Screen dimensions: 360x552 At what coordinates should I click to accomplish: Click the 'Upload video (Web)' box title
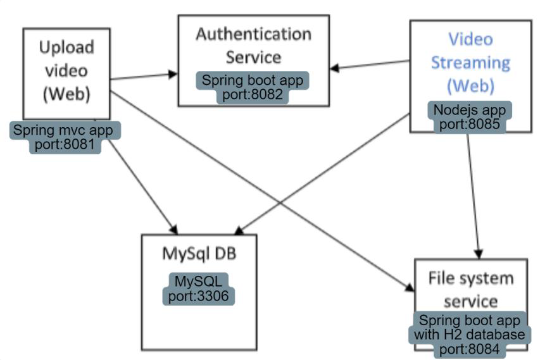(66, 70)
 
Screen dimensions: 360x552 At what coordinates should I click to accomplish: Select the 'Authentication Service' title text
(253, 45)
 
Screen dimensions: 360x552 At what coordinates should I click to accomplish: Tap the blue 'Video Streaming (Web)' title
(470, 62)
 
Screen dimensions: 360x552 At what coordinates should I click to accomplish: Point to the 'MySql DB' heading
(199, 253)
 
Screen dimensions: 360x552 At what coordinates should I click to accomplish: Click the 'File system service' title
(470, 289)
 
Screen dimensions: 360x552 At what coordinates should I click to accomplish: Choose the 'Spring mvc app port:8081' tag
(65, 138)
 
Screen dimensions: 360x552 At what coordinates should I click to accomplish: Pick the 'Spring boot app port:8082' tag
(253, 88)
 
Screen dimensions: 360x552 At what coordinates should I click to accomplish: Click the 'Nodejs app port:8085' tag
(470, 116)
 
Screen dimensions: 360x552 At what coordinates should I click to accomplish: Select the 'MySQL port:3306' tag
(199, 289)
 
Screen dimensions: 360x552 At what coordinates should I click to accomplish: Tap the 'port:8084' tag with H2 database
(471, 333)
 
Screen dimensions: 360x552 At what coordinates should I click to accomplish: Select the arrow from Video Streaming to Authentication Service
(370, 65)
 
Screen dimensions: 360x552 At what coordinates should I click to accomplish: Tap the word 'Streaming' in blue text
(470, 62)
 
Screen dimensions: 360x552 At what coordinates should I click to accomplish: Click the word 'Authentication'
(253, 34)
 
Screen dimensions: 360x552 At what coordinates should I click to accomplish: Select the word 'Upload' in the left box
(66, 47)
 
